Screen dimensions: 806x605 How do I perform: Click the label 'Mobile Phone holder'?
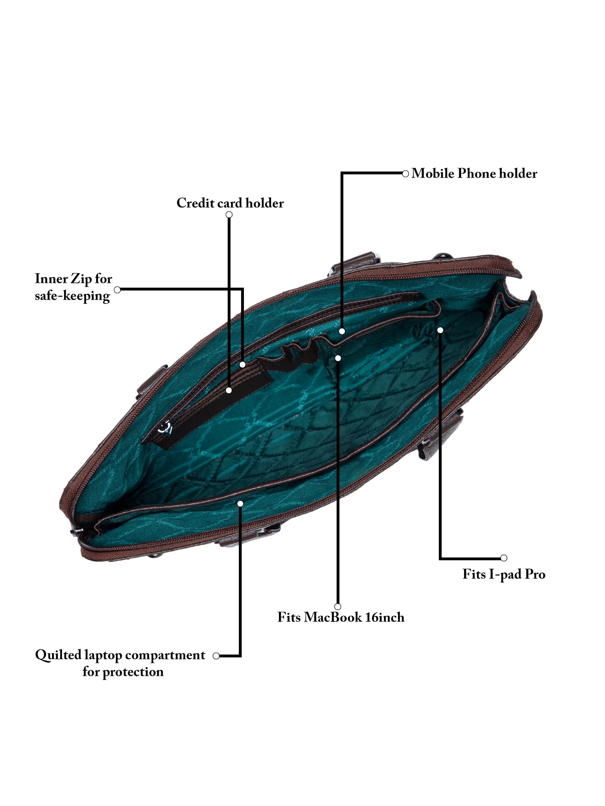point(474,173)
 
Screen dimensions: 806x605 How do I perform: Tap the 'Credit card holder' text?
point(230,203)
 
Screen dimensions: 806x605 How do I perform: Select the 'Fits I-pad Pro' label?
point(504,574)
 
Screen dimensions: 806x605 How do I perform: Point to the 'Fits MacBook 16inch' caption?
point(341,617)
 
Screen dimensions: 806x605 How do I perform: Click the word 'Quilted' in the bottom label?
point(58,655)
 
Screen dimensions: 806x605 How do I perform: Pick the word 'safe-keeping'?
point(72,296)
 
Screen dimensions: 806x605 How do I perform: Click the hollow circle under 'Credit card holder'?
point(229,214)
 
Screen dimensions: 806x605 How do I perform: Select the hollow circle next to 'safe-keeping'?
point(117,290)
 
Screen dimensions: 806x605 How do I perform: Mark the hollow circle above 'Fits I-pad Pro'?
point(504,558)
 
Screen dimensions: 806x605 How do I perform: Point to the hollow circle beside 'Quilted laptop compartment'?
point(216,656)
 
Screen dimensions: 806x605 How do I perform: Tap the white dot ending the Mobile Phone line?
point(342,331)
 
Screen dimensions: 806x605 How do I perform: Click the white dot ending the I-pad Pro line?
point(440,330)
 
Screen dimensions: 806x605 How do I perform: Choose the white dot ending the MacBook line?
point(338,358)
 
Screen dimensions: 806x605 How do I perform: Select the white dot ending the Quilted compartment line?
point(240,504)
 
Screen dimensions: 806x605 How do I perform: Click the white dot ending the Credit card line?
point(229,390)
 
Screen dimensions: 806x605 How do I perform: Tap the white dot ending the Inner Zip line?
point(243,364)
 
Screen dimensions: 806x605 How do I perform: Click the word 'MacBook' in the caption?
point(332,617)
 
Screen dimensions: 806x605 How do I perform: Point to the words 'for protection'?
point(123,671)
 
